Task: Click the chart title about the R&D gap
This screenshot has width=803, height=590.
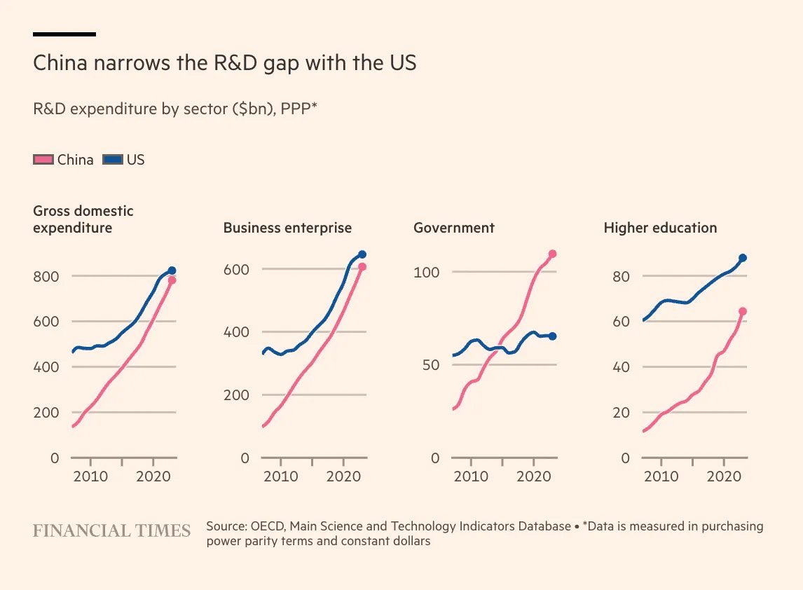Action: (224, 64)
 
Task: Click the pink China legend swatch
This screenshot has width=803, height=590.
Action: (43, 160)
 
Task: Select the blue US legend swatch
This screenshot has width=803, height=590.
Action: (113, 160)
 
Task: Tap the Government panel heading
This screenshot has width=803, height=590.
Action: (454, 228)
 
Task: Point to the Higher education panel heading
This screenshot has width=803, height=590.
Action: (660, 228)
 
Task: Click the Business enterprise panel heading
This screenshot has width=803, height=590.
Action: (287, 228)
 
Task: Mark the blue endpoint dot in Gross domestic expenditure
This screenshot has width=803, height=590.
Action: (172, 270)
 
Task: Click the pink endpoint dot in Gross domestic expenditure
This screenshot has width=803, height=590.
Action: (172, 280)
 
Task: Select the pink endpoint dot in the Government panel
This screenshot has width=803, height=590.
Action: (552, 254)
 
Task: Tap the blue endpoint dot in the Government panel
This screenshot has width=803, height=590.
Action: (552, 336)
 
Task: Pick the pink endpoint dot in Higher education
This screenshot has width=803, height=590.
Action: (743, 311)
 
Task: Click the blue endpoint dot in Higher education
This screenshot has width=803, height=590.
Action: (743, 258)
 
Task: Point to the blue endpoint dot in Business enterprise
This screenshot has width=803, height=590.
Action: (362, 254)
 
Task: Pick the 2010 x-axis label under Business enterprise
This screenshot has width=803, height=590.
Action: (280, 477)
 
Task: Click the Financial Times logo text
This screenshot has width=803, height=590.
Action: (111, 531)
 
